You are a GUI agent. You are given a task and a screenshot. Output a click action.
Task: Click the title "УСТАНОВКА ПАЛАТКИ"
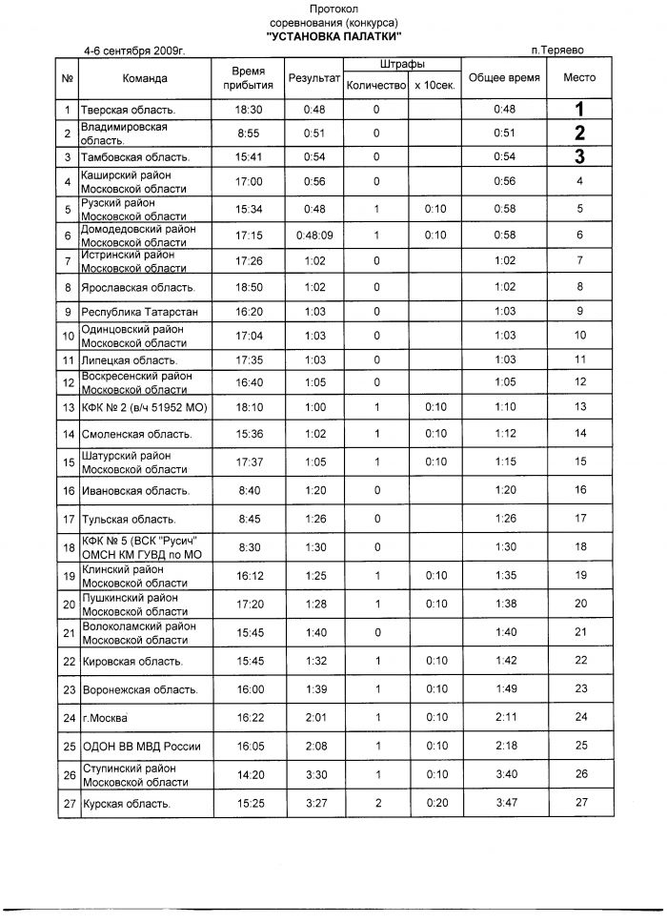click(x=333, y=34)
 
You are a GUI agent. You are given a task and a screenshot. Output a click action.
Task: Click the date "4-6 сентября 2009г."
click(x=133, y=48)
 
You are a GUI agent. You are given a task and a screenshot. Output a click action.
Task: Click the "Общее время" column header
click(x=505, y=78)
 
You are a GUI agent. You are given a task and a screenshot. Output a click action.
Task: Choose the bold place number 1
click(x=579, y=110)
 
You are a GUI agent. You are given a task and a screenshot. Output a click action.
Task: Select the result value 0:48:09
click(x=314, y=236)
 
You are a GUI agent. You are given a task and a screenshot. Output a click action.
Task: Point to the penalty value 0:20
click(x=435, y=804)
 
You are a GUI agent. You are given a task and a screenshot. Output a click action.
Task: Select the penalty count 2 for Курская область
click(x=377, y=804)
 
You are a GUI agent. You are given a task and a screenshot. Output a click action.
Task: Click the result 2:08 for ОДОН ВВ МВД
click(x=314, y=746)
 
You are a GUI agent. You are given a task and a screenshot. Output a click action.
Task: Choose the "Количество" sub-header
click(x=375, y=86)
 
